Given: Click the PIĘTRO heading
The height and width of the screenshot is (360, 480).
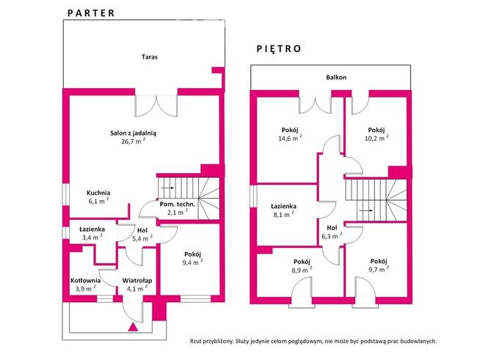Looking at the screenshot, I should (x=279, y=49).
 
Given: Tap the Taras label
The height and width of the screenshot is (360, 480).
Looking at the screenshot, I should (x=150, y=56).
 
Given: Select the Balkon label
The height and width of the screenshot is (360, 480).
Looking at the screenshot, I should (x=336, y=77).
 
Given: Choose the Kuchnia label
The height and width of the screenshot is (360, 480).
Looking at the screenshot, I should (x=98, y=192).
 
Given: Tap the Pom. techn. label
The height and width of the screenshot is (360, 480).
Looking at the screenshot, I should (x=176, y=204).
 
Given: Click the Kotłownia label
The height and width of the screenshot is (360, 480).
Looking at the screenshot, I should (x=85, y=279).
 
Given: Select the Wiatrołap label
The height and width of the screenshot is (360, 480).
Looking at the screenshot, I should (x=137, y=279).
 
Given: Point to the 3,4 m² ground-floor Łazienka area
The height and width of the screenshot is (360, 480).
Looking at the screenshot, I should (x=92, y=238).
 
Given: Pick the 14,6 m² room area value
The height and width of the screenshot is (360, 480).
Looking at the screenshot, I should (x=289, y=138).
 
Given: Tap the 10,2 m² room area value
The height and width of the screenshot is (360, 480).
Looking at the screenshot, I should (x=377, y=138).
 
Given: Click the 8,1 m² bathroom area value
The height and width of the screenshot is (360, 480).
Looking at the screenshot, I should (x=282, y=216).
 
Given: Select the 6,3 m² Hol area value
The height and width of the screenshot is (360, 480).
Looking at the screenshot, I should (x=331, y=236).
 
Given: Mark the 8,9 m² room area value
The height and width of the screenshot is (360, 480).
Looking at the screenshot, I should (x=301, y=270).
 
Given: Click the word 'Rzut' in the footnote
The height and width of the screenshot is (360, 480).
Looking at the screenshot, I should (x=198, y=341).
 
